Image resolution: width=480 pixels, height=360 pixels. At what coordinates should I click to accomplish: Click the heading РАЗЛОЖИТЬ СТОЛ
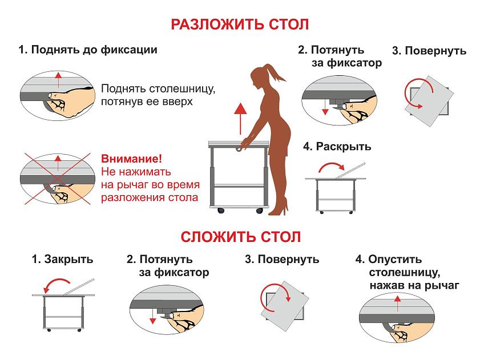pyautogui.click(x=240, y=25)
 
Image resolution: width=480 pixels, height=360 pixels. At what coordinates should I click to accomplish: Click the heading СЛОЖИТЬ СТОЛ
pyautogui.click(x=241, y=237)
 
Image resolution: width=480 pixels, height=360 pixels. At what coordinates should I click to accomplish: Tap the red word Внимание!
pyautogui.click(x=131, y=159)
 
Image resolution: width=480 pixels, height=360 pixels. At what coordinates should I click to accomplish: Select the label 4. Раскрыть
pyautogui.click(x=337, y=146)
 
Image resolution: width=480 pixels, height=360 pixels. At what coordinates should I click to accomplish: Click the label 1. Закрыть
pyautogui.click(x=62, y=259)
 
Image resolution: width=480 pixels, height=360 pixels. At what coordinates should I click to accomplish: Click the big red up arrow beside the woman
pyautogui.click(x=241, y=119)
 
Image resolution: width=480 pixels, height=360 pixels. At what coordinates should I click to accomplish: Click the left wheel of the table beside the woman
pyautogui.click(x=221, y=211)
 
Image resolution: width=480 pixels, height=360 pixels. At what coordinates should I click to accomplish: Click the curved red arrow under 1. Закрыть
pyautogui.click(x=57, y=281)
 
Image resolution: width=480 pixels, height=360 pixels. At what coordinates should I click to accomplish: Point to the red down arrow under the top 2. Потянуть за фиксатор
pyautogui.click(x=325, y=107)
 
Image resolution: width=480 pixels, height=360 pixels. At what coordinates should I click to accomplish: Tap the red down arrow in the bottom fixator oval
pyautogui.click(x=152, y=317)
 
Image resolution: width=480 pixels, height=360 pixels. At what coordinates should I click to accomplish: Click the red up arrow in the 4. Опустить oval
pyautogui.click(x=397, y=303)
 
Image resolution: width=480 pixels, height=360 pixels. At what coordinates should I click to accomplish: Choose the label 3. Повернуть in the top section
pyautogui.click(x=429, y=51)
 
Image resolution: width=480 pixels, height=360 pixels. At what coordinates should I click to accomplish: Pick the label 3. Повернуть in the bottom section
pyautogui.click(x=282, y=259)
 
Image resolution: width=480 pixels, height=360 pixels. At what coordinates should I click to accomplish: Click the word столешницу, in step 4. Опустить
pyautogui.click(x=405, y=272)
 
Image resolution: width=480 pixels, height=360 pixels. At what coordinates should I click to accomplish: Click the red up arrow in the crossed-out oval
pyautogui.click(x=58, y=163)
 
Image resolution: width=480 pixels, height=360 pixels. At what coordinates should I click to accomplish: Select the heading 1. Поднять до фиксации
pyautogui.click(x=88, y=50)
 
